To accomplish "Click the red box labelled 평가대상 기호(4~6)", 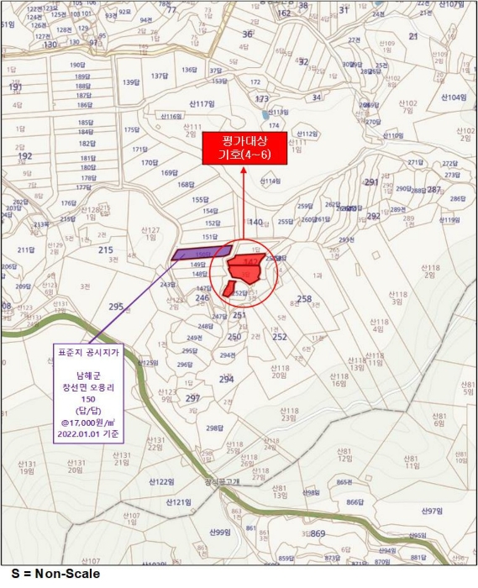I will pyautogui.click(x=244, y=148).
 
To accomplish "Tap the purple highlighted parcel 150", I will pyautogui.click(x=202, y=252).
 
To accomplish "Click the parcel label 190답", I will pyautogui.click(x=77, y=65).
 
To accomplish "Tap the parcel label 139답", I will pyautogui.click(x=130, y=81).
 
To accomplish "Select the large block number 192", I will pyautogui.click(x=24, y=156).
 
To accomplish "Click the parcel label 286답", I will pyautogui.click(x=457, y=199).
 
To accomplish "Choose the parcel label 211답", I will pyautogui.click(x=26, y=249).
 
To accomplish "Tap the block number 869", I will pyautogui.click(x=318, y=533).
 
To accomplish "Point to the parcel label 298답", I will pyautogui.click(x=214, y=428).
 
